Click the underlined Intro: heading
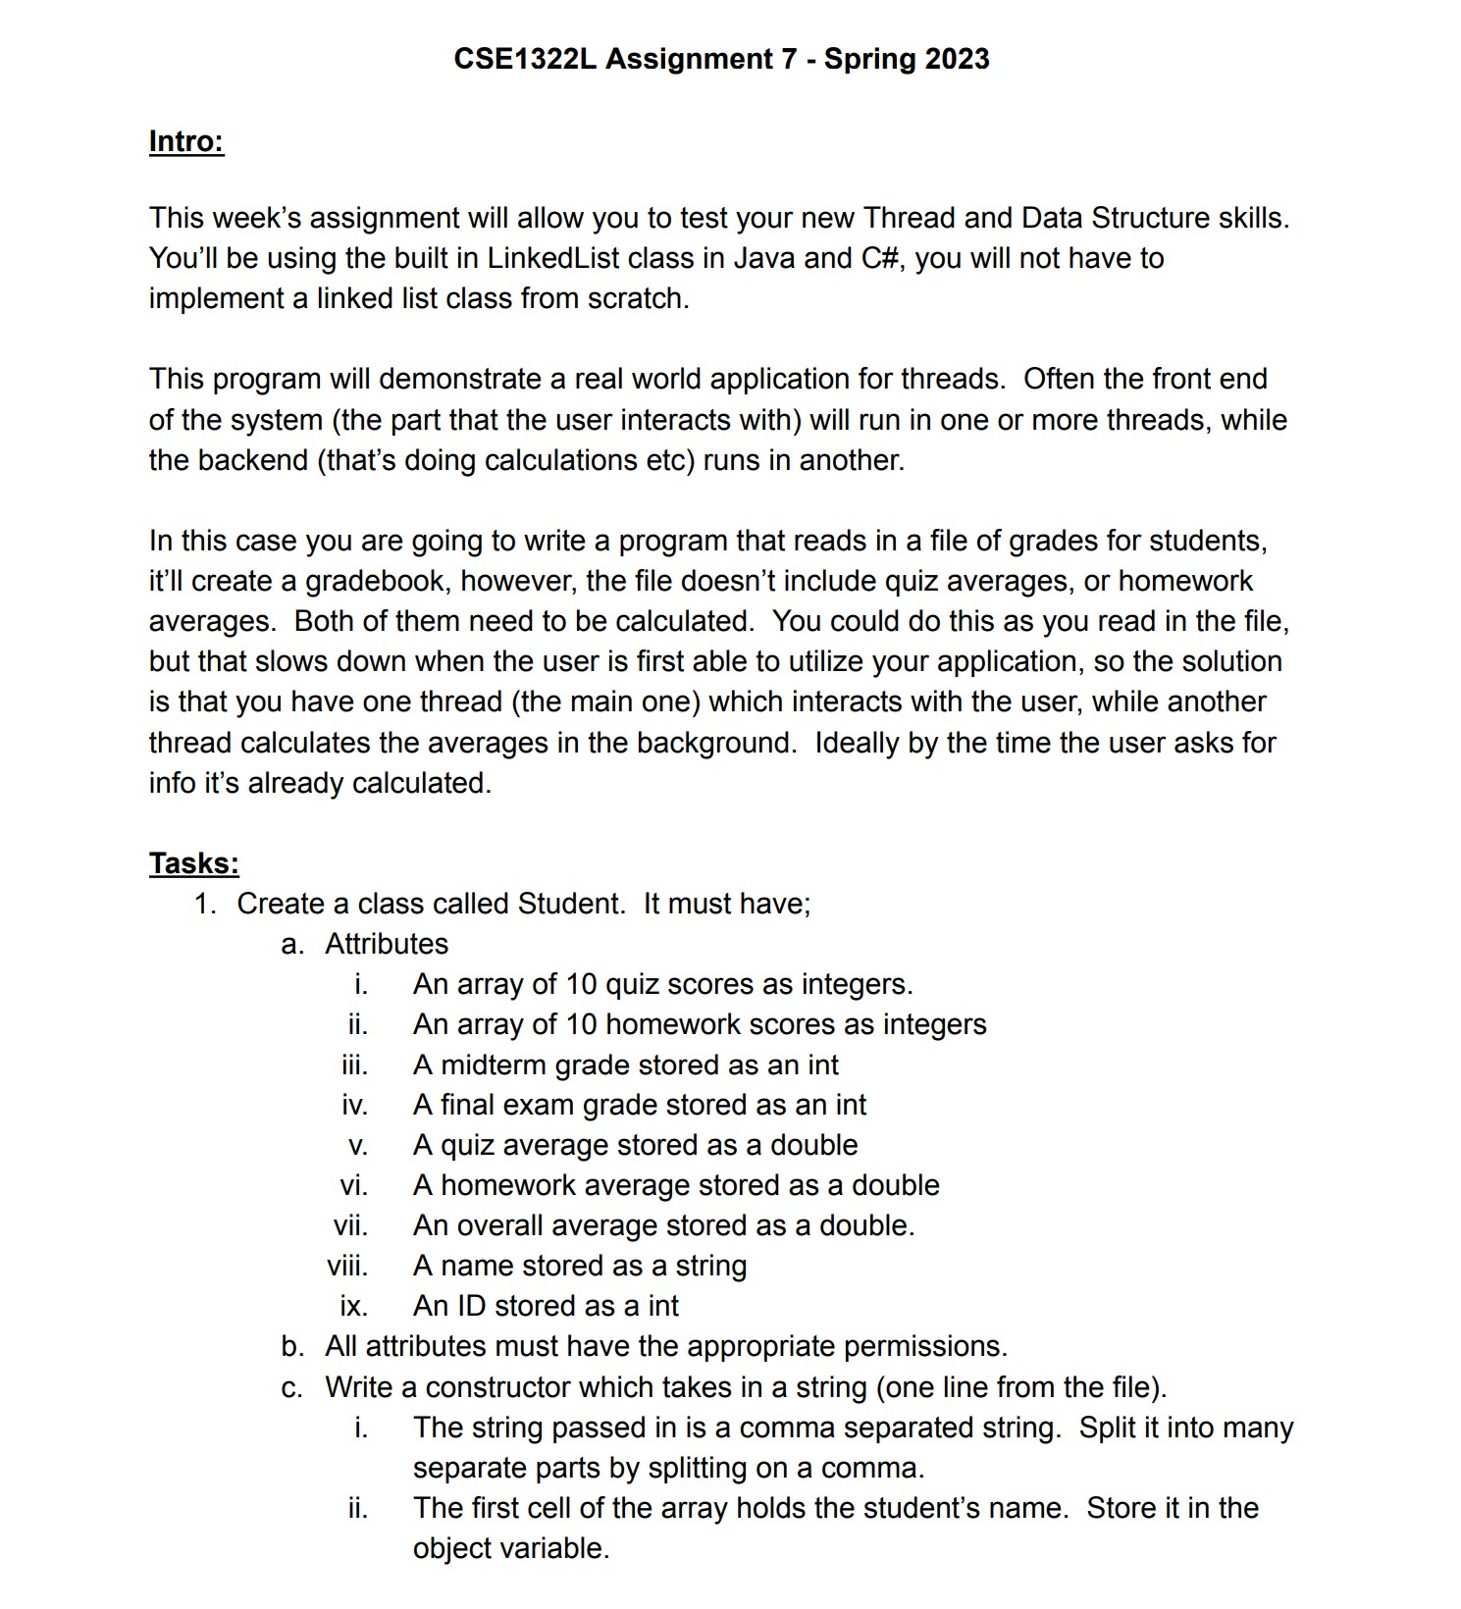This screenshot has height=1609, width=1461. [186, 141]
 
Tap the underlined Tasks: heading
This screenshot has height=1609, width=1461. [193, 863]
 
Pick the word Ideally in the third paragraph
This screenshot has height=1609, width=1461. [857, 743]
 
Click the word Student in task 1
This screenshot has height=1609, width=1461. [569, 904]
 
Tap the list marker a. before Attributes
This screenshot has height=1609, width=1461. [291, 944]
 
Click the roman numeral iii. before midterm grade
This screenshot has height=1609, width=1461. [354, 1064]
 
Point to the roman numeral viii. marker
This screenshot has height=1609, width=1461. [347, 1266]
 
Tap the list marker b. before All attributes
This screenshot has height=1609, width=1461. [292, 1346]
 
